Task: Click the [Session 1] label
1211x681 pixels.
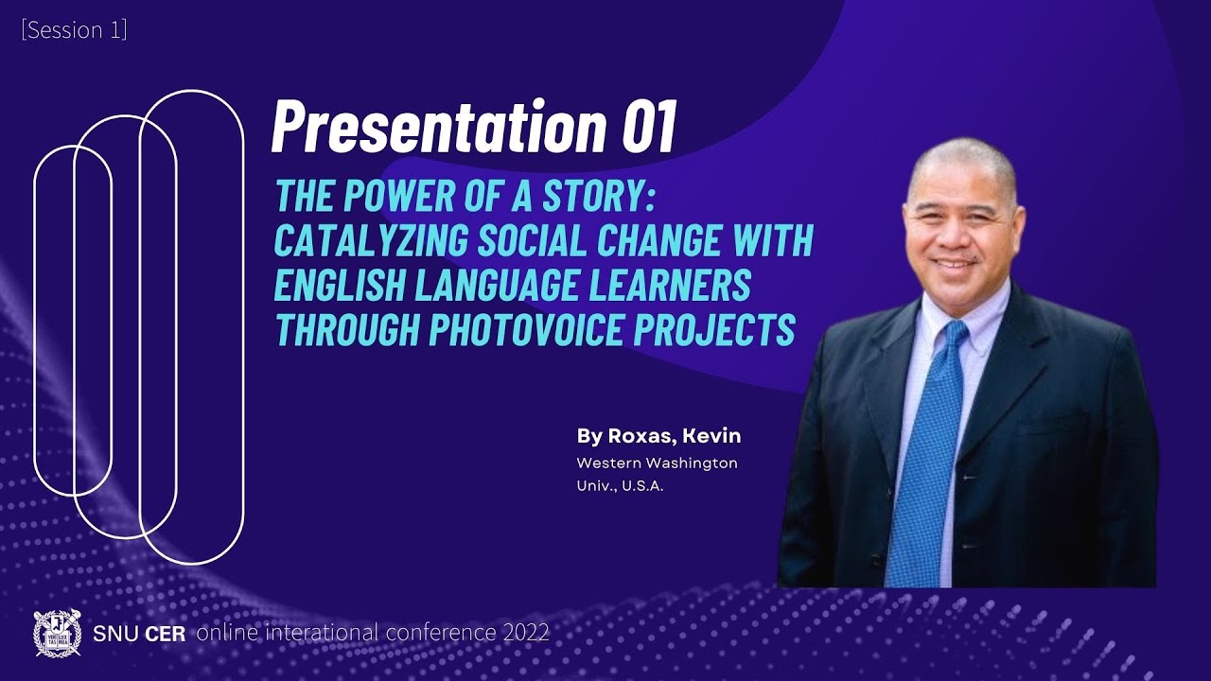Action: (x=74, y=30)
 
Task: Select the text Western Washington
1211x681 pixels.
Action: (x=657, y=463)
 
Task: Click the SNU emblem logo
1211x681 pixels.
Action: (x=57, y=633)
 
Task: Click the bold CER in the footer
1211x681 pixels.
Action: (x=165, y=633)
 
